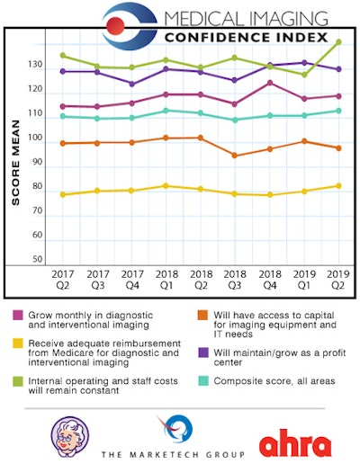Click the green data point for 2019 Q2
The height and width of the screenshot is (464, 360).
tap(338, 42)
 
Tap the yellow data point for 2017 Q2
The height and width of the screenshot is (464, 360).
tap(62, 195)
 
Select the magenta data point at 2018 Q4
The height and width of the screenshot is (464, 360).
tap(269, 83)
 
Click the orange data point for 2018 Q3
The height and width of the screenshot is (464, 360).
tap(235, 156)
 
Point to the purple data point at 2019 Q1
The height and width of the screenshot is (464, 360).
tap(304, 63)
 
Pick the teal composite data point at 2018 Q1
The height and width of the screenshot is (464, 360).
tap(166, 111)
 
